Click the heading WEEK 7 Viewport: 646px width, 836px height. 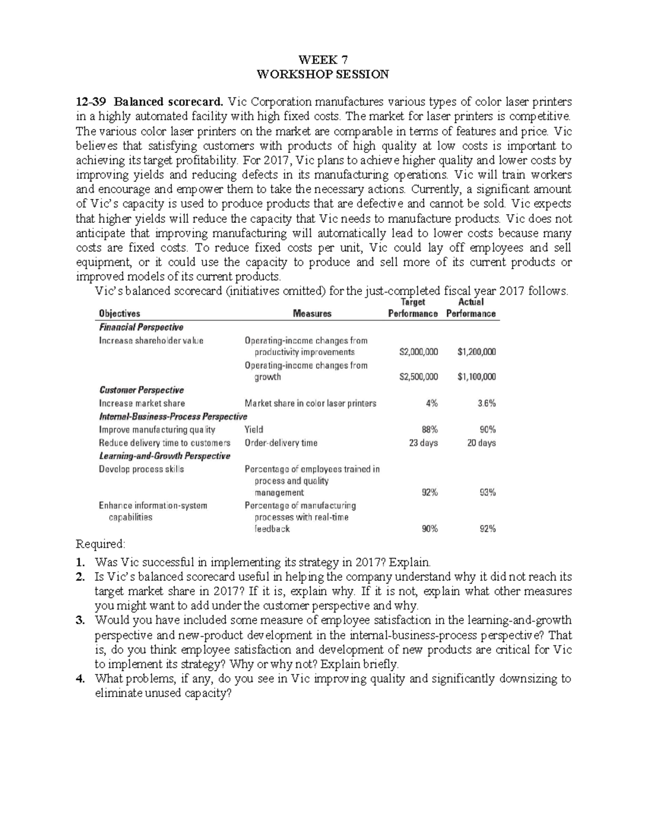point(323,60)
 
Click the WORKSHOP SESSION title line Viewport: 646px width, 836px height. point(323,74)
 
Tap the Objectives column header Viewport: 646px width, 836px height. point(120,313)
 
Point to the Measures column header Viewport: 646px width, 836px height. point(312,313)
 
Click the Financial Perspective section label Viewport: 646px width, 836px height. point(141,327)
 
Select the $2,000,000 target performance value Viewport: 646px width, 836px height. point(418,352)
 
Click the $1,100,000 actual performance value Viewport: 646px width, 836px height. point(476,377)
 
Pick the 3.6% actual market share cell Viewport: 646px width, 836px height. point(487,403)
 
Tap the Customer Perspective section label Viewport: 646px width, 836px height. point(142,390)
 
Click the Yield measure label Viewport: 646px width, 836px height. point(254,430)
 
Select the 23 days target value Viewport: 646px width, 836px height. point(424,443)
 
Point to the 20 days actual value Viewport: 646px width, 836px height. point(481,443)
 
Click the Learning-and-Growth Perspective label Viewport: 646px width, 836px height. point(165,456)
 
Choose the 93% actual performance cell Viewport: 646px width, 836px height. point(488,493)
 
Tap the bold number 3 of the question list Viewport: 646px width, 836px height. point(80,621)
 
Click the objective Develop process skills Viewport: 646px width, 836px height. point(142,469)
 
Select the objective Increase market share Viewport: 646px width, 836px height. point(142,403)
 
